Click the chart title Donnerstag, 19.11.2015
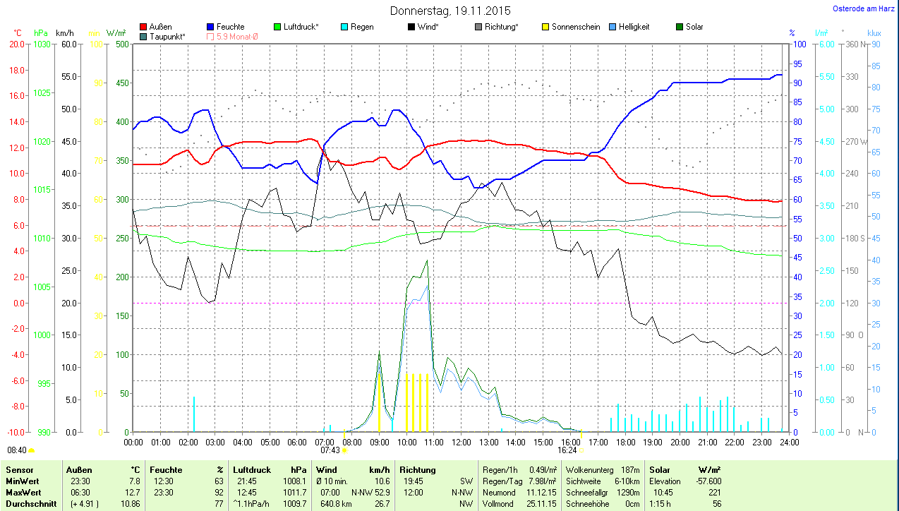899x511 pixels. click(450, 11)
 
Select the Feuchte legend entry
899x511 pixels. click(230, 27)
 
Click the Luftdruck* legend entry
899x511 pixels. click(301, 27)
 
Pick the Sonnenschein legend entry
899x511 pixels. click(576, 27)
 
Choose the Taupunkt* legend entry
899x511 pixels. click(167, 36)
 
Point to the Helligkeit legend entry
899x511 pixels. click(634, 27)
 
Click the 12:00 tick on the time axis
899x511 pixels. click(461, 443)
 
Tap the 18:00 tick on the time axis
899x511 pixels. click(625, 443)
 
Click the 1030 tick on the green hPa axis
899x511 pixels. click(42, 44)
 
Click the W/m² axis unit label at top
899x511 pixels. click(116, 33)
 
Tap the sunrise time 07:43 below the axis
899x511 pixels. click(330, 450)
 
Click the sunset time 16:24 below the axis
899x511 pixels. click(567, 450)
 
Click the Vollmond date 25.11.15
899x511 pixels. click(542, 504)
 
